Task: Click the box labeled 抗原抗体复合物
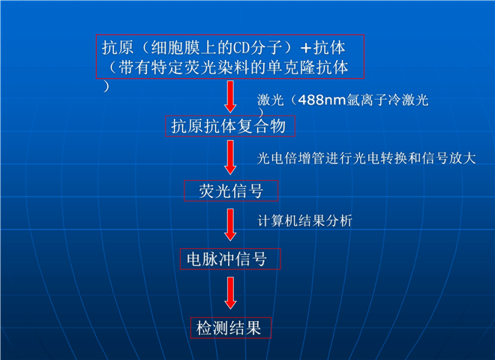pyautogui.click(x=230, y=126)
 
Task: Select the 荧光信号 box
pyautogui.click(x=231, y=190)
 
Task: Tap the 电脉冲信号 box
pyautogui.click(x=230, y=259)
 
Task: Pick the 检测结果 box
pyautogui.click(x=231, y=328)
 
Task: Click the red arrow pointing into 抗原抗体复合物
pyautogui.click(x=230, y=97)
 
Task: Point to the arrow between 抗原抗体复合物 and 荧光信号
pyautogui.click(x=230, y=157)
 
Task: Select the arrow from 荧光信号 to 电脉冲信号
pyautogui.click(x=230, y=225)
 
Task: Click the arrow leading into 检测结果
pyautogui.click(x=230, y=293)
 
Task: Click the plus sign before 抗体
pyautogui.click(x=305, y=48)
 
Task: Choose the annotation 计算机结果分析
pyautogui.click(x=304, y=220)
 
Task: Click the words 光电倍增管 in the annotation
pyautogui.click(x=290, y=158)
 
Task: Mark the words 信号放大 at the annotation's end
pyautogui.click(x=448, y=158)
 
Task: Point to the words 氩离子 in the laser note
pyautogui.click(x=367, y=100)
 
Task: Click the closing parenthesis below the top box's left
pyautogui.click(x=106, y=86)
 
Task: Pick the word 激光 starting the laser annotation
pyautogui.click(x=271, y=100)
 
